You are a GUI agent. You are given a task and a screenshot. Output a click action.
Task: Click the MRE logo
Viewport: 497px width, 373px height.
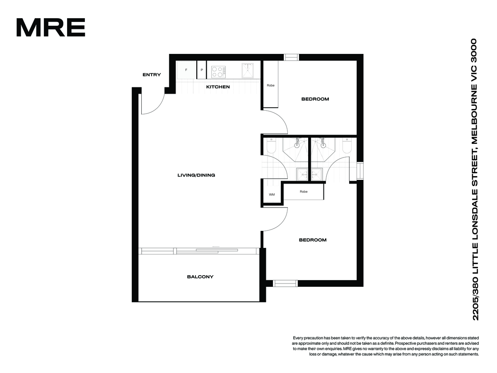pos(51,27)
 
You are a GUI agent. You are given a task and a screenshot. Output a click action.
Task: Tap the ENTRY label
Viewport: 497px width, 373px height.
pos(152,75)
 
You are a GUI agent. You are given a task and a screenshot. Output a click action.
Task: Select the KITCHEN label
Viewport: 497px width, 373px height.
pos(218,87)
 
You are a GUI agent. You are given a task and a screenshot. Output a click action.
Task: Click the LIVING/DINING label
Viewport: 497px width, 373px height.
pos(196,175)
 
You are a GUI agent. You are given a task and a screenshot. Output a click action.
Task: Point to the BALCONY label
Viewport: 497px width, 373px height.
pos(200,277)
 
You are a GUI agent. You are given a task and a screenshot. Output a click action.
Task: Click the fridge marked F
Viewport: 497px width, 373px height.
pos(186,70)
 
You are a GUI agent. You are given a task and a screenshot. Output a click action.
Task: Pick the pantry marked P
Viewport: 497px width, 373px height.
pos(202,70)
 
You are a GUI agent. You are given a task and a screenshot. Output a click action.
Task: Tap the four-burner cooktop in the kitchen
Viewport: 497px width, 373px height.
pos(218,72)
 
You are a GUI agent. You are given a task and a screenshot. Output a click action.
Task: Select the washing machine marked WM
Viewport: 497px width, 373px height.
pos(272,194)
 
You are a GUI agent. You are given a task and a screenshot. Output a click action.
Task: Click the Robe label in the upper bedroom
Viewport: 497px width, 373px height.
pos(270,85)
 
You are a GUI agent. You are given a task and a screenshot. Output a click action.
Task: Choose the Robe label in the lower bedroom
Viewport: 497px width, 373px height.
pos(304,191)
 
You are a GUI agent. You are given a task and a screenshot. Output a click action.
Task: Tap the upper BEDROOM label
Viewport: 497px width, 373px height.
pos(315,99)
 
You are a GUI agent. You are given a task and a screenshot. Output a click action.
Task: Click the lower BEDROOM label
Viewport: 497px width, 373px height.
pos(313,240)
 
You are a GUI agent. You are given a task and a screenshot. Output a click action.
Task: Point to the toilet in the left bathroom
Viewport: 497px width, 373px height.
pos(271,145)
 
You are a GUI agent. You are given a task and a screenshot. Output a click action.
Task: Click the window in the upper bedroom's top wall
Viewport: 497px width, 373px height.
pos(292,57)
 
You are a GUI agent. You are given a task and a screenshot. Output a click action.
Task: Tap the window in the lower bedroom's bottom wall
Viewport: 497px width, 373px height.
pos(285,283)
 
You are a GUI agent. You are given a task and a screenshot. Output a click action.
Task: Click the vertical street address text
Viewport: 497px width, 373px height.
pos(475,179)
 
